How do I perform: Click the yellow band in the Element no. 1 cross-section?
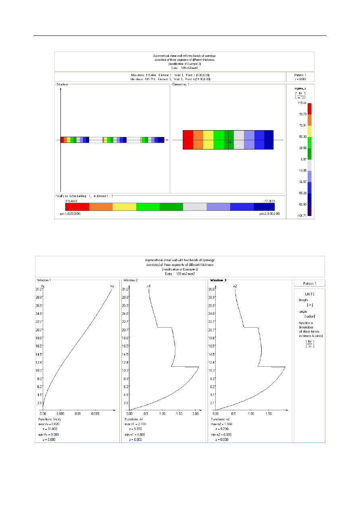pyautogui.click(x=208, y=139)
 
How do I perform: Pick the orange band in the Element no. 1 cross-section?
pyautogui.click(x=198, y=139)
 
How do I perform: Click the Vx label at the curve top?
pyautogui.click(x=112, y=286)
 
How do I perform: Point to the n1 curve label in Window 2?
pyautogui.click(x=149, y=286)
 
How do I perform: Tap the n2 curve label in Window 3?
pyautogui.click(x=235, y=286)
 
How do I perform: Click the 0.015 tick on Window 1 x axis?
pyautogui.click(x=96, y=413)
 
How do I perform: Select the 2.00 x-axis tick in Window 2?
pyautogui.click(x=195, y=413)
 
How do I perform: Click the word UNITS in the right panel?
pyautogui.click(x=309, y=294)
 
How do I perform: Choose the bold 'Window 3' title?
pyautogui.click(x=217, y=280)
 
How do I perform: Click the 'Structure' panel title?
pyautogui.click(x=62, y=84)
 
